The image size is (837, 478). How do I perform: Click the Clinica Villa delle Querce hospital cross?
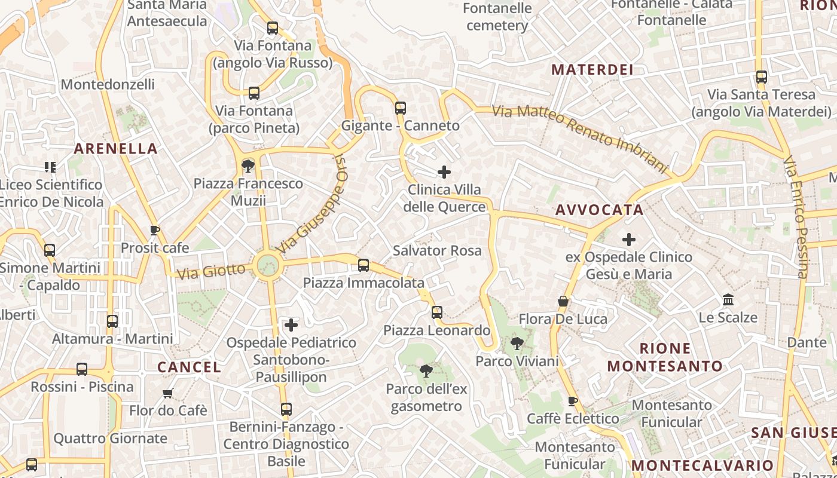pyautogui.click(x=444, y=172)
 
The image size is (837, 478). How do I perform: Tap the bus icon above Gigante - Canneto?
pyautogui.click(x=401, y=108)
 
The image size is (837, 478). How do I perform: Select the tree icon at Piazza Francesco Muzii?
pyautogui.click(x=248, y=166)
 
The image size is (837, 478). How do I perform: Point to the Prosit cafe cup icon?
pyautogui.click(x=155, y=231)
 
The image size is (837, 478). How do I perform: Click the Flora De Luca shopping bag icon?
pyautogui.click(x=563, y=301)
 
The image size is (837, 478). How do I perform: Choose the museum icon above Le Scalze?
pyautogui.click(x=728, y=299)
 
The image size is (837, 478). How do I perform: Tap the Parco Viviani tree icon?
pyautogui.click(x=517, y=344)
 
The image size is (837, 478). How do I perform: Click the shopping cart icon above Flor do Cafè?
pyautogui.click(x=168, y=393)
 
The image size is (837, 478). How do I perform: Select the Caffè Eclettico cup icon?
pyautogui.click(x=572, y=401)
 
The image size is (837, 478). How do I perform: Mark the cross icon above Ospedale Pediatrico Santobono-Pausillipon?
pyautogui.click(x=291, y=325)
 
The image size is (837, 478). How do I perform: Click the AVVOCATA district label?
pyautogui.click(x=599, y=210)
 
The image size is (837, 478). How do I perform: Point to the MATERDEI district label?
pyautogui.click(x=592, y=70)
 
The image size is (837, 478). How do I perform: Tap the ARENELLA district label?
pyautogui.click(x=115, y=149)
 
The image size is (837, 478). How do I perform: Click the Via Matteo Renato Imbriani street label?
pyautogui.click(x=579, y=137)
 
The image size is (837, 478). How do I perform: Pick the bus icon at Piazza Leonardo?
pyautogui.click(x=437, y=312)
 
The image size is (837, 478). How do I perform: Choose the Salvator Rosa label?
pyautogui.click(x=437, y=250)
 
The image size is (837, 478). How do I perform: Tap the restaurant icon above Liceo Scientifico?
pyautogui.click(x=50, y=167)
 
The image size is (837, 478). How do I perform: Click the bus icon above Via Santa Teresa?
pyautogui.click(x=761, y=77)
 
